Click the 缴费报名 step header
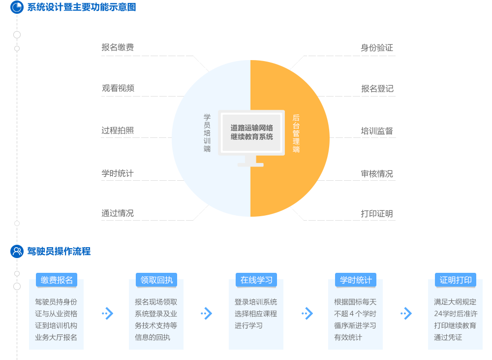pyautogui.click(x=57, y=280)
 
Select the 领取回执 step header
pyautogui.click(x=156, y=280)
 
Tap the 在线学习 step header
pyautogui.click(x=256, y=280)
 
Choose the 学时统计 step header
pyautogui.click(x=356, y=280)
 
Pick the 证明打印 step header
pyautogui.click(x=456, y=280)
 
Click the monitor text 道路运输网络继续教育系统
pyautogui.click(x=251, y=132)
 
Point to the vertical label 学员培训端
pyautogui.click(x=207, y=132)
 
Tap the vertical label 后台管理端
pyautogui.click(x=296, y=133)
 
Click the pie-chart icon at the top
pyautogui.click(x=17, y=7)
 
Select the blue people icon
pyautogui.click(x=17, y=251)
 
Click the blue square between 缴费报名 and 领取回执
pyautogui.click(x=107, y=313)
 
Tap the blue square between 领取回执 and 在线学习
pyautogui.click(x=207, y=313)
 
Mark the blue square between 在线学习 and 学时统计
pyautogui.click(x=307, y=313)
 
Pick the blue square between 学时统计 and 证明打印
pyautogui.click(x=406, y=313)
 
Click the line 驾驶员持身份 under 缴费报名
pyautogui.click(x=56, y=302)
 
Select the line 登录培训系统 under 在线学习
pyautogui.click(x=256, y=302)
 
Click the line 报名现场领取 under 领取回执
pyautogui.click(x=156, y=302)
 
